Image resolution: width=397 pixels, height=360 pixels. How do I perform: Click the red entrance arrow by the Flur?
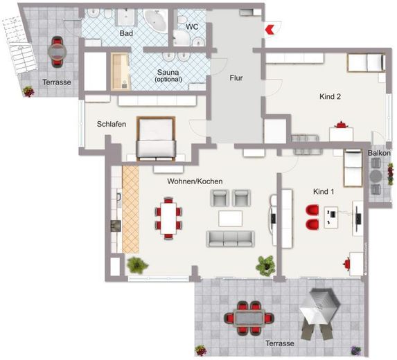(x=269, y=29)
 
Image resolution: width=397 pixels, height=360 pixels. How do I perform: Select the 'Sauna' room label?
(x=168, y=72)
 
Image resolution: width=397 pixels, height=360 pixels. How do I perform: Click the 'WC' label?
(x=192, y=27)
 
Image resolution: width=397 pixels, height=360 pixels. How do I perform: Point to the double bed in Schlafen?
(x=156, y=138)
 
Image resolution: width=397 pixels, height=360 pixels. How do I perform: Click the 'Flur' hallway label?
(x=236, y=78)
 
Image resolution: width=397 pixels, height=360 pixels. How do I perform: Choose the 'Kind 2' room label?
(x=330, y=96)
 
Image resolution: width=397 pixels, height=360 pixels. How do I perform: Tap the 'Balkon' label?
(x=379, y=153)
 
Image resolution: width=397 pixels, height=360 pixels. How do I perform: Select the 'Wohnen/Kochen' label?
(x=195, y=181)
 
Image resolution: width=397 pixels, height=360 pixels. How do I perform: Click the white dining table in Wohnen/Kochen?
(x=168, y=218)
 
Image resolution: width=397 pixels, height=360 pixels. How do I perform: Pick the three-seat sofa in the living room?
(x=231, y=239)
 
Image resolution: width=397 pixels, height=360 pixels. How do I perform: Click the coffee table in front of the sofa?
(x=231, y=219)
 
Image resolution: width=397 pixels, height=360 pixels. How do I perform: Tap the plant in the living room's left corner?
(x=137, y=265)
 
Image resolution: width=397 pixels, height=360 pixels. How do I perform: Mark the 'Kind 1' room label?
(x=324, y=192)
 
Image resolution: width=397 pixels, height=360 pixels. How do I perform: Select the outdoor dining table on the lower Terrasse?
(x=249, y=318)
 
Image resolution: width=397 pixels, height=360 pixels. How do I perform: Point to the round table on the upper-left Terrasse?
(x=58, y=52)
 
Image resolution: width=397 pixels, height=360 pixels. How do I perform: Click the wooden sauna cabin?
(x=121, y=71)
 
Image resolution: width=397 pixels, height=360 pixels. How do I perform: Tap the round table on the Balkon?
(x=376, y=176)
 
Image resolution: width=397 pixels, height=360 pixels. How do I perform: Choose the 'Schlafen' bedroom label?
(x=112, y=124)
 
